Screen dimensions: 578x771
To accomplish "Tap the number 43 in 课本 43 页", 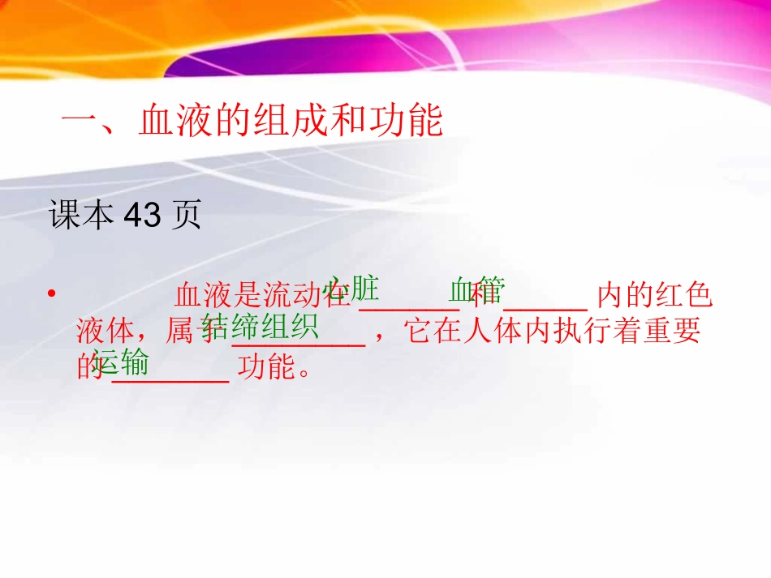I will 142,216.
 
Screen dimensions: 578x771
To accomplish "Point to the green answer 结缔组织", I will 260,327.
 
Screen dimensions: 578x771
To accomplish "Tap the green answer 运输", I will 120,362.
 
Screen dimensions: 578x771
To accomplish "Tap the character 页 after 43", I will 187,216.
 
